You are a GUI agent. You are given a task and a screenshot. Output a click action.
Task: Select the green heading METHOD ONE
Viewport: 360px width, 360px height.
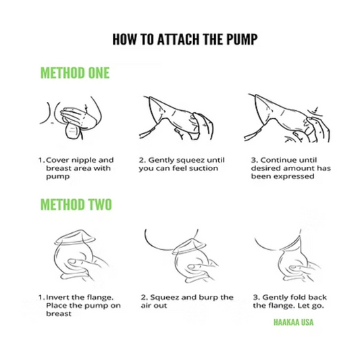pos(75,73)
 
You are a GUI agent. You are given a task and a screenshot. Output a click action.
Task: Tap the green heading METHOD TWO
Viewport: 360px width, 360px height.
pos(76,205)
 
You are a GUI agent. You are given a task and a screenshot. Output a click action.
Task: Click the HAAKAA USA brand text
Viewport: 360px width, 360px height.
pos(293,322)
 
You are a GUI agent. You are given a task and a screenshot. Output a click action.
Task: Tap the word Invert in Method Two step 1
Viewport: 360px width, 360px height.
pos(57,297)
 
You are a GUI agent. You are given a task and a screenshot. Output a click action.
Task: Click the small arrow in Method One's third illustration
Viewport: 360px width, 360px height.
pos(316,109)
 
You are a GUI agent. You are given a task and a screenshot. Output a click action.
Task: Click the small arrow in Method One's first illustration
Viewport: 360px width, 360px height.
pos(86,108)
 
